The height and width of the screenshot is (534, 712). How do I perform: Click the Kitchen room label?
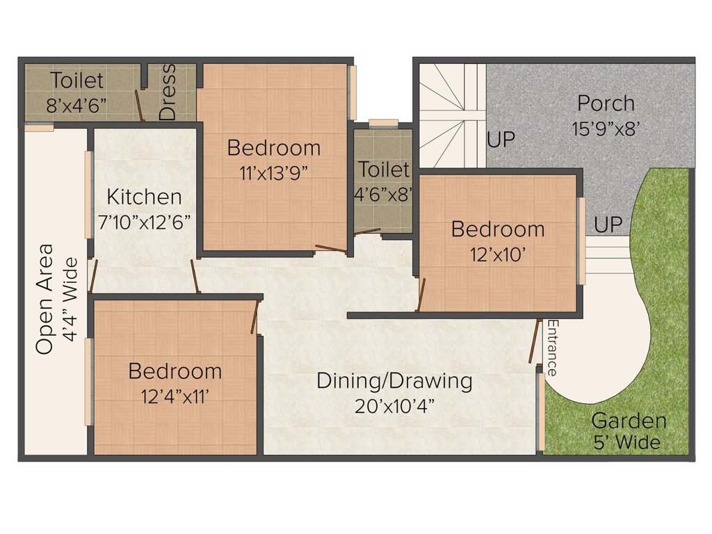coord(145,197)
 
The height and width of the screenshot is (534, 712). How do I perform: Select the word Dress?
coord(168,92)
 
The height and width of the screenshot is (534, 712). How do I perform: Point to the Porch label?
coord(606,104)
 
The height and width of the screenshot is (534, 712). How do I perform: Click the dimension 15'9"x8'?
coord(605,129)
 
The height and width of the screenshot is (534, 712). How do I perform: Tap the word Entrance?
coord(553,348)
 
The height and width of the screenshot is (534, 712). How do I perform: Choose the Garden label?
coord(628,421)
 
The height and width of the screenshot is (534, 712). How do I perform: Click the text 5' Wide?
coord(626,442)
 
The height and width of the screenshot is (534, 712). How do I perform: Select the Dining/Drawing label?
coord(394,381)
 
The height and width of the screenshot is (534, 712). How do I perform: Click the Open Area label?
coord(45,299)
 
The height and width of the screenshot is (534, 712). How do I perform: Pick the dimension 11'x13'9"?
coord(273,172)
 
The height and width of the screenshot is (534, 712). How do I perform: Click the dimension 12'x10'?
coord(498,254)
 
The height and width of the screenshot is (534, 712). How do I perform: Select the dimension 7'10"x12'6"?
coord(145,221)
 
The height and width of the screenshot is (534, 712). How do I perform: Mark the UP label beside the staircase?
coord(501,140)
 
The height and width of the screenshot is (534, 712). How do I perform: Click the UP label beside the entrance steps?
coord(608,225)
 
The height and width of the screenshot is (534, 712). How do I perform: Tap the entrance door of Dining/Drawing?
coord(535,341)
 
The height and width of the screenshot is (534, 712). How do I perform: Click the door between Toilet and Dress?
coord(140,104)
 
